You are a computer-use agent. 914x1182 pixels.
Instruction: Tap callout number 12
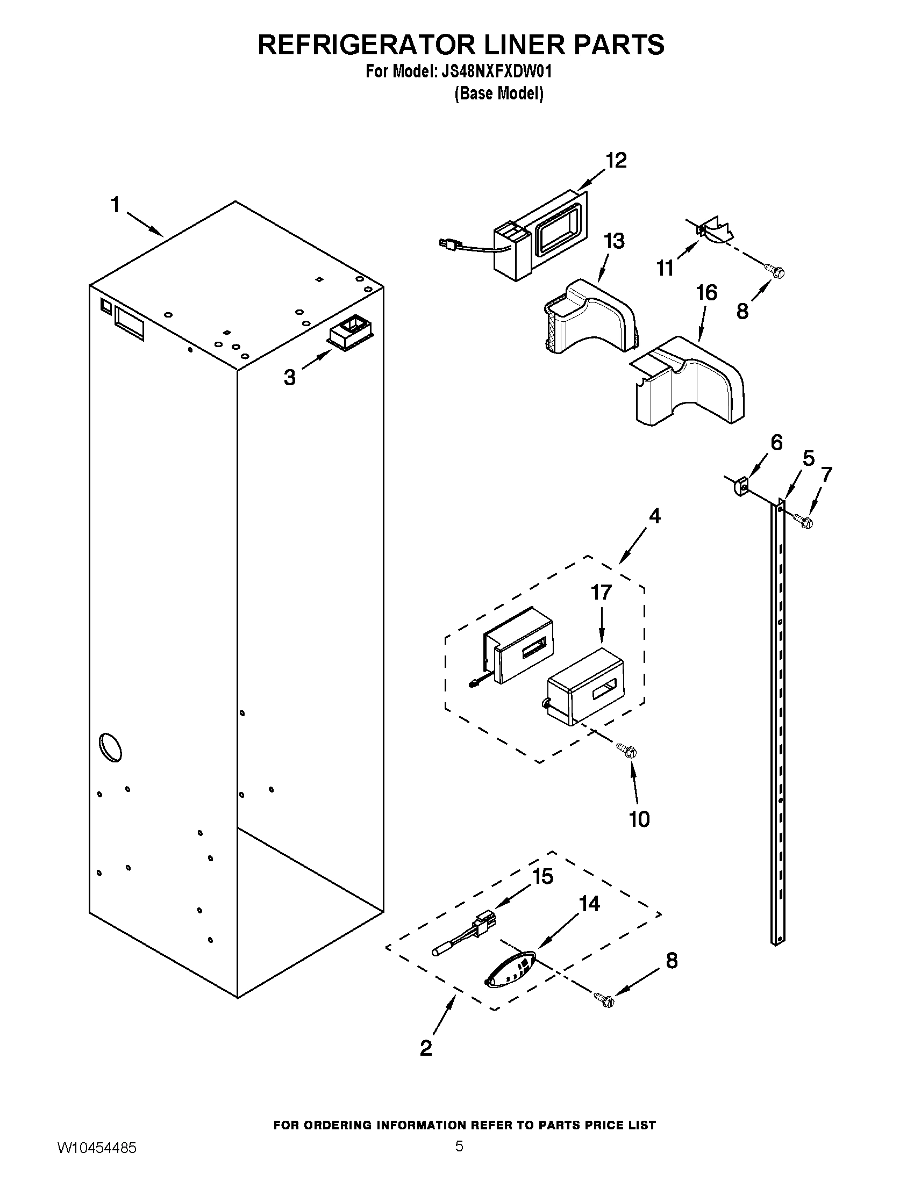tap(616, 160)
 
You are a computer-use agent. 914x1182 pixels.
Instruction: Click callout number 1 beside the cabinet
tap(115, 205)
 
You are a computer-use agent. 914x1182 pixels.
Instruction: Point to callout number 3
tap(290, 377)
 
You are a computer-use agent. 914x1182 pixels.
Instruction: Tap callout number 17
tap(601, 593)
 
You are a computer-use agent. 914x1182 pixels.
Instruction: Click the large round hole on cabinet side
tap(110, 748)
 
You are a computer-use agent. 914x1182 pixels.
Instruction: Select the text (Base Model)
tap(498, 93)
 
